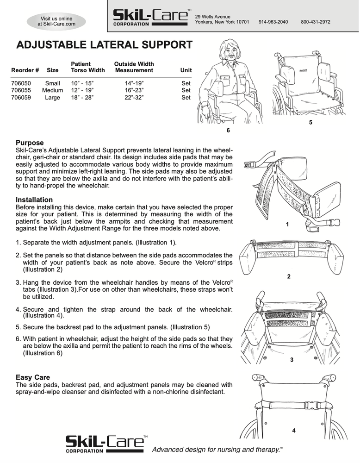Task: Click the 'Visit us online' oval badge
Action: [x=56, y=21]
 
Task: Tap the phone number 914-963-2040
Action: [x=273, y=22]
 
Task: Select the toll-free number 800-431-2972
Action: [x=315, y=22]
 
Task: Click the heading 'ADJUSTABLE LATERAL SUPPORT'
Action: [x=104, y=45]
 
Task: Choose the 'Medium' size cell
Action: [x=52, y=91]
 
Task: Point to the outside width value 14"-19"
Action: [x=134, y=84]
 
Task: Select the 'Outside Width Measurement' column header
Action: [x=134, y=67]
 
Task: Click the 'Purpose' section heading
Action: [x=30, y=143]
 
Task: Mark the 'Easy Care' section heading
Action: [x=33, y=377]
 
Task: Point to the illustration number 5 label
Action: [x=310, y=123]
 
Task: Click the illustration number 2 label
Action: [x=289, y=276]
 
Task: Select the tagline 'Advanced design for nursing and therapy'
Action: [x=218, y=449]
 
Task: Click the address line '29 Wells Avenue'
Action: [x=213, y=17]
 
